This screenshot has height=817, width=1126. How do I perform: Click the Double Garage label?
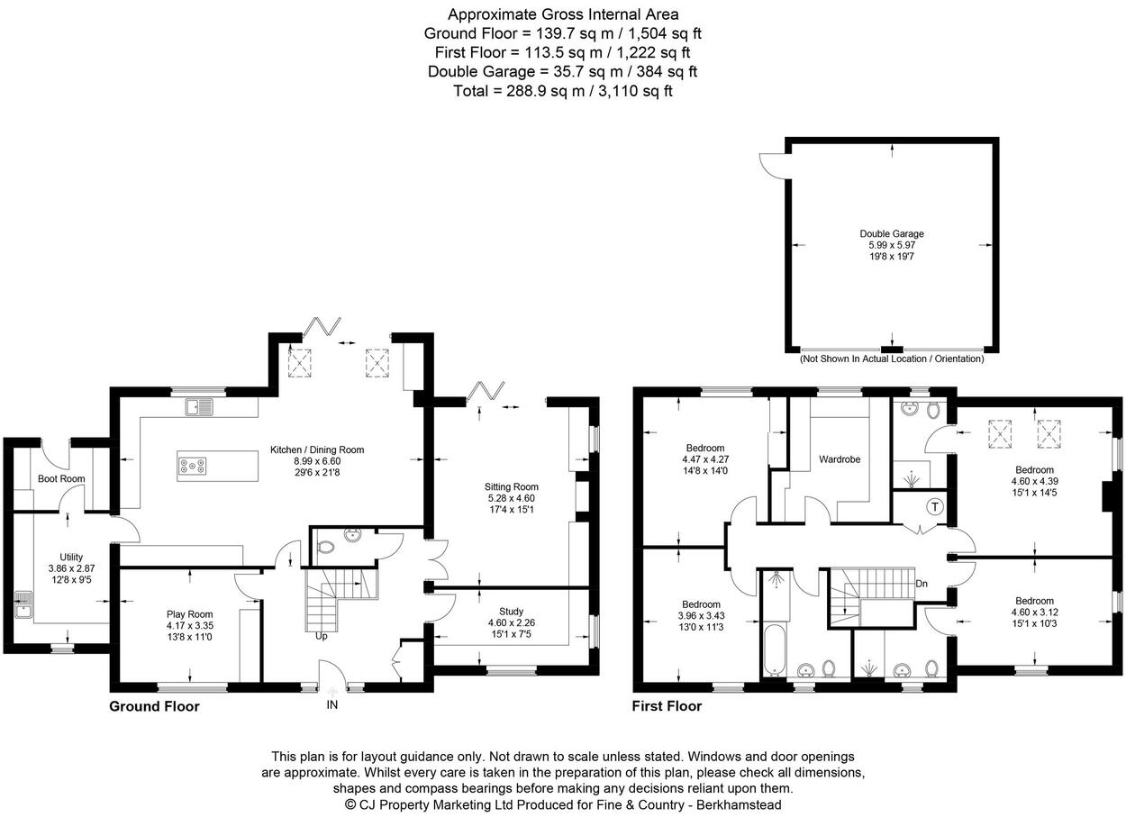coord(892,234)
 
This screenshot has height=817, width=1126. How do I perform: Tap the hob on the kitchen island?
coord(193,466)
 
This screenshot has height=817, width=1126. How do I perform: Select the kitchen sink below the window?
coord(200,407)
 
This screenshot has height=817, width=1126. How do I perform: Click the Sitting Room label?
coord(512,486)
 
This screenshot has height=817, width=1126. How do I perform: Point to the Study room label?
coord(512,612)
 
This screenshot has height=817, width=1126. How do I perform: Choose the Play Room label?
coord(189,614)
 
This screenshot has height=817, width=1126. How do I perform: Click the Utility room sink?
coord(23,605)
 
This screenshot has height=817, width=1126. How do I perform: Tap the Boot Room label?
coord(61,478)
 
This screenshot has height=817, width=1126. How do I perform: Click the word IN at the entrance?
coord(332,705)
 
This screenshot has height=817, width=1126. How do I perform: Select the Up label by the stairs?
coord(322,637)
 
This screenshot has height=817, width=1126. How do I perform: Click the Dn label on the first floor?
coord(922,584)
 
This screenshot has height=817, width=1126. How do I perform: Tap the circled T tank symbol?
coord(935,507)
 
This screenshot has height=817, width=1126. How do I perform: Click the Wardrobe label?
coord(840,459)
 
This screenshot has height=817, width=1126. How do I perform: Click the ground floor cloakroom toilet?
coord(326,547)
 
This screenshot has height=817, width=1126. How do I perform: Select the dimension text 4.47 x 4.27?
coord(705,459)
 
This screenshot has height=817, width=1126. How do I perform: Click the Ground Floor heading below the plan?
coord(154,707)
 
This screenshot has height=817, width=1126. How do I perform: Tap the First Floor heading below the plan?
coord(667,706)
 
